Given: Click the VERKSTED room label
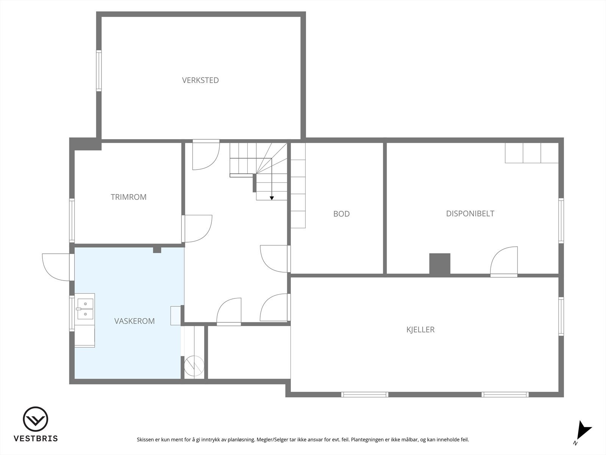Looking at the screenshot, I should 200,80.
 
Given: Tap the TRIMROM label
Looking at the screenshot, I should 128,197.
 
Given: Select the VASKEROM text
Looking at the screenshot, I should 134,321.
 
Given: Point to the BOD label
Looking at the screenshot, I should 341,214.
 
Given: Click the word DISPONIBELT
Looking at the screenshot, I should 470,213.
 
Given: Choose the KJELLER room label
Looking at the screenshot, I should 420,329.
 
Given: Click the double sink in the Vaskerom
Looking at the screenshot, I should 85,309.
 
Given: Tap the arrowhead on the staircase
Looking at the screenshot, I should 272,198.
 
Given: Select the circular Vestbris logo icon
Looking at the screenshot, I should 36,419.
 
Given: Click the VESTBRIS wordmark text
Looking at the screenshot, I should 36,439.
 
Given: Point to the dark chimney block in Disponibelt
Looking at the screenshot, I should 439,264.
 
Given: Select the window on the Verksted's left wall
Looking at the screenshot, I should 99,71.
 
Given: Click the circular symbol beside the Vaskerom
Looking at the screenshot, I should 194,366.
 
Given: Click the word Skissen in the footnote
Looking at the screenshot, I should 145,440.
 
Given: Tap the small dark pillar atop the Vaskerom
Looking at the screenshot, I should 157,250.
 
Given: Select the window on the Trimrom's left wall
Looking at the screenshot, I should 72,220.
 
